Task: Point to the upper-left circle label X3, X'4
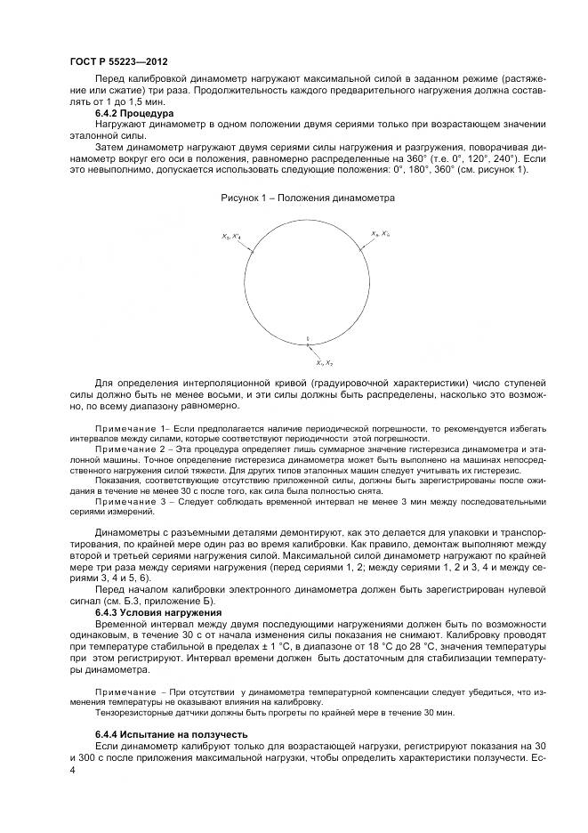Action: [230, 237]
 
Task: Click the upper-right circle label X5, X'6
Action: [380, 234]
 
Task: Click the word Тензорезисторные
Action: [131, 712]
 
